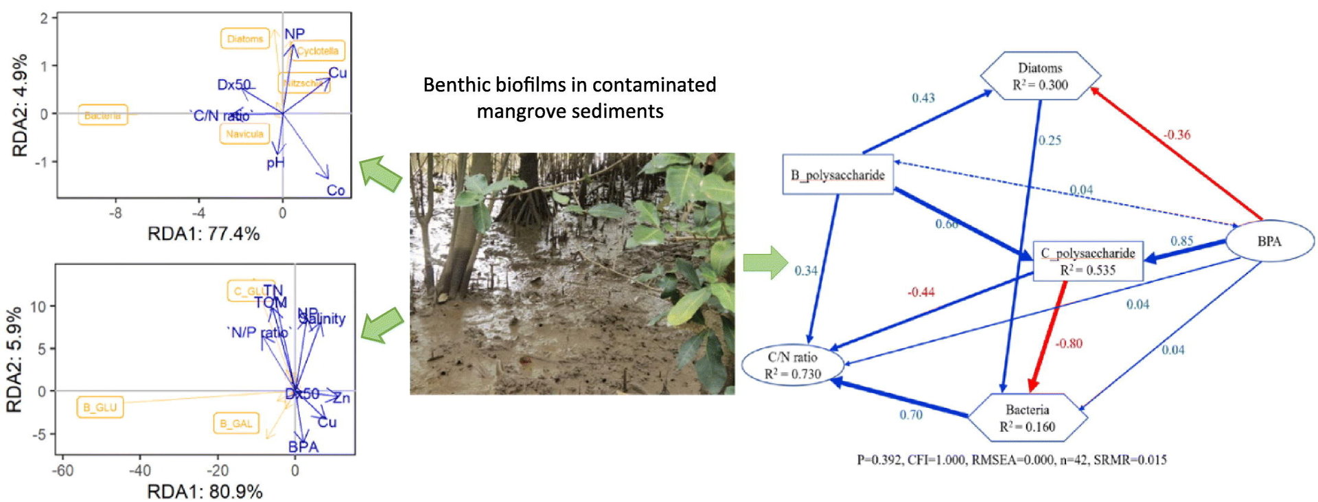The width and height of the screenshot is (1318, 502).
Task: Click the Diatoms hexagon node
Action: click(x=1040, y=76)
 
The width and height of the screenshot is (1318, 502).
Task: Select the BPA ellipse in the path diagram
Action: click(x=1269, y=241)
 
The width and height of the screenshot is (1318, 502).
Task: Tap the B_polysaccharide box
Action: click(x=837, y=174)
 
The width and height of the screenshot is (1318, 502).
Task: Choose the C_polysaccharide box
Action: click(x=1087, y=262)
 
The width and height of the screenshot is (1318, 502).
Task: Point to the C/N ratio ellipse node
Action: click(x=793, y=365)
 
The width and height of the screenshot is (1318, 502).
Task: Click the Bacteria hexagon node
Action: click(x=1027, y=418)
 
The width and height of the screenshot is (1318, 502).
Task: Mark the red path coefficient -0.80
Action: click(x=1069, y=343)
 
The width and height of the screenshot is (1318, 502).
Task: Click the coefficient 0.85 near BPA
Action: click(x=1181, y=241)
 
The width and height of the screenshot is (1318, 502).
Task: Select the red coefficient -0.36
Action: click(x=1177, y=135)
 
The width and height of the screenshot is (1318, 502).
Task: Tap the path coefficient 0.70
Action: click(x=911, y=415)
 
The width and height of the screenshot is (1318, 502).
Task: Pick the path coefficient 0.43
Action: click(x=923, y=98)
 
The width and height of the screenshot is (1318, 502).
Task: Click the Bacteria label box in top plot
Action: click(x=102, y=115)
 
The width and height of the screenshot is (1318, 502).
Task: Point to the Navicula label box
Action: click(x=244, y=134)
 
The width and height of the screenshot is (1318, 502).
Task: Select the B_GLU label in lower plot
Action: click(x=100, y=407)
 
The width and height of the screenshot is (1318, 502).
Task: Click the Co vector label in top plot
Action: click(x=336, y=190)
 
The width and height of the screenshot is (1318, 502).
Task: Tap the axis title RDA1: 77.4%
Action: click(x=203, y=234)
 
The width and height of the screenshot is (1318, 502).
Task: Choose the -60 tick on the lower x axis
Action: click(x=62, y=470)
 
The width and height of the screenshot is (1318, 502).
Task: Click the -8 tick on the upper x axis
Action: click(x=115, y=213)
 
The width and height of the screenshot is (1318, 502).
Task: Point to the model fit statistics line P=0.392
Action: click(x=1011, y=459)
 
